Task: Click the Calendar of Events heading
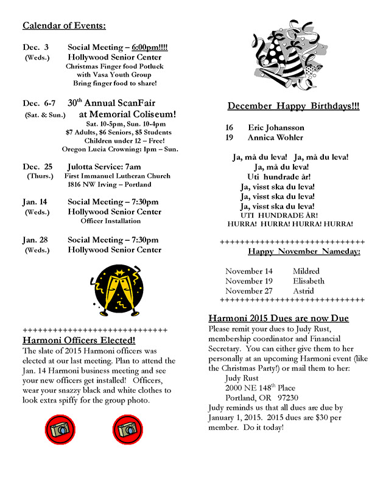click(64, 26)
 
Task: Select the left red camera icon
click(60, 429)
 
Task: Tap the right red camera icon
click(128, 429)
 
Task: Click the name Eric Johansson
click(276, 128)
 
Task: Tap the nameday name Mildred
click(306, 271)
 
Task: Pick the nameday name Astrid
click(303, 291)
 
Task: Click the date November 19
click(248, 281)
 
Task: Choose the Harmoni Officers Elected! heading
click(79, 340)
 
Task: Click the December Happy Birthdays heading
click(293, 106)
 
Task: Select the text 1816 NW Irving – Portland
click(110, 184)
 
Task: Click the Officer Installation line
click(111, 221)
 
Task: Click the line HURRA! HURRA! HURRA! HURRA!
click(290, 224)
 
